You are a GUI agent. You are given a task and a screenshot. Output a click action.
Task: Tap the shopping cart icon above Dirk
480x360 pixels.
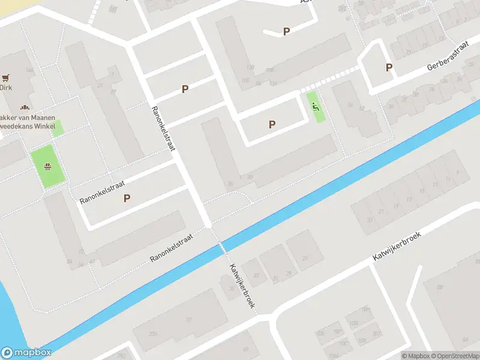pos(6,78)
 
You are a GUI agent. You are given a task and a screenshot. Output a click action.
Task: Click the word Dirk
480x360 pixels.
pos(5,88)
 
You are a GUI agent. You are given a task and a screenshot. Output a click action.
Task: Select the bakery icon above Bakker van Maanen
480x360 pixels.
pos(25,108)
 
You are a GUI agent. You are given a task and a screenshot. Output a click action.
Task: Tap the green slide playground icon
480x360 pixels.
pos(314,107)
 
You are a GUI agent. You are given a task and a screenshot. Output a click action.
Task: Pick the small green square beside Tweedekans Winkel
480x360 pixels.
pos(57,128)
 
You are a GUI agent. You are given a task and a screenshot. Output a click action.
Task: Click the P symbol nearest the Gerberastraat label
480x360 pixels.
pos(389,68)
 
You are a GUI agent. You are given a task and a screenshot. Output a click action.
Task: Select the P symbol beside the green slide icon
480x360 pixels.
pos(272,124)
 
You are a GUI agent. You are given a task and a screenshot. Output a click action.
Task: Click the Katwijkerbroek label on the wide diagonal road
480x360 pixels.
pos(397,247)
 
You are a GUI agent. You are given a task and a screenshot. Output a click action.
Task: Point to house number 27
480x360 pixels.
pos(305,259)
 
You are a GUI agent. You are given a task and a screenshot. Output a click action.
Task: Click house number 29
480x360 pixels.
pos(289,274)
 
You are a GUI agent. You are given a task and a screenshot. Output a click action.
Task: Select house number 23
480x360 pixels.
pos(370,220)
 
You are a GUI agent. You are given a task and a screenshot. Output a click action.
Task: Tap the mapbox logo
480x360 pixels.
pos(26,353)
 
